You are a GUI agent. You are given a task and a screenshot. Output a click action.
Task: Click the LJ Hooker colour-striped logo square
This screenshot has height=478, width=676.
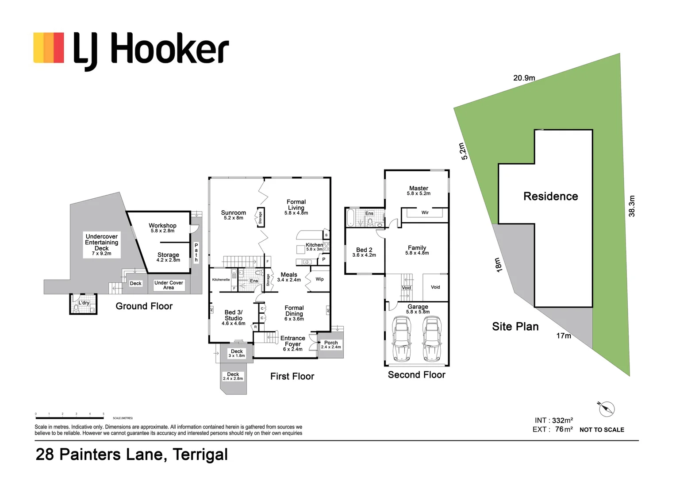49,48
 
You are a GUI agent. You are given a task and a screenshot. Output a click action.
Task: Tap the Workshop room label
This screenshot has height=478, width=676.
162,226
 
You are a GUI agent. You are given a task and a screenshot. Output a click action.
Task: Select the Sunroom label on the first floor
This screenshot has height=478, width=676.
233,212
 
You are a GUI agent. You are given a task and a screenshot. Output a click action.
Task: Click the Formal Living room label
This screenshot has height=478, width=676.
296,205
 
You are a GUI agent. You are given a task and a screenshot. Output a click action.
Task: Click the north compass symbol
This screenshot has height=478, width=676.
606,409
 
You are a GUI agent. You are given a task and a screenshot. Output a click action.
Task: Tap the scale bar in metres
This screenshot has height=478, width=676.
70,418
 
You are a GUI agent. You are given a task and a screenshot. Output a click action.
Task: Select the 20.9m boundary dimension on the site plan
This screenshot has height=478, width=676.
524,78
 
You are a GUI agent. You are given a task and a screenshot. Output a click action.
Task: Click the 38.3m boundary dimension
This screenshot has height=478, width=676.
632,206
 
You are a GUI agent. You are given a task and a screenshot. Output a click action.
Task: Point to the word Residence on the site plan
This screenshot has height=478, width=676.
551,196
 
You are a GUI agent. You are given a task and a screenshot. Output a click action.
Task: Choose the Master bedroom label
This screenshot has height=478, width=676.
419,188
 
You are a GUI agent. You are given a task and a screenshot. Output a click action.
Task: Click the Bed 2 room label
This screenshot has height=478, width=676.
364,250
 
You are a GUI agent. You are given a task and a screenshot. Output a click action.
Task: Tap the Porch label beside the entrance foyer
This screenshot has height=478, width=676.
331,343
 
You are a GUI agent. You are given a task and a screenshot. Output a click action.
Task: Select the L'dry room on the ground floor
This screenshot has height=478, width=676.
83,304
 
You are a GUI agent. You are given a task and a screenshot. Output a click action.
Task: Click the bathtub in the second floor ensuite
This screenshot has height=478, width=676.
350,217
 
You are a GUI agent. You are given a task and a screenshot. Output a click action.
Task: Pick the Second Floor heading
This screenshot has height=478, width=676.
416,375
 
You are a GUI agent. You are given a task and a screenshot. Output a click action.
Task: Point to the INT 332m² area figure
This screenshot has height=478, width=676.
554,420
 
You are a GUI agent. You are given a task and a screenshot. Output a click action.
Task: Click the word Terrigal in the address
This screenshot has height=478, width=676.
200,455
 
